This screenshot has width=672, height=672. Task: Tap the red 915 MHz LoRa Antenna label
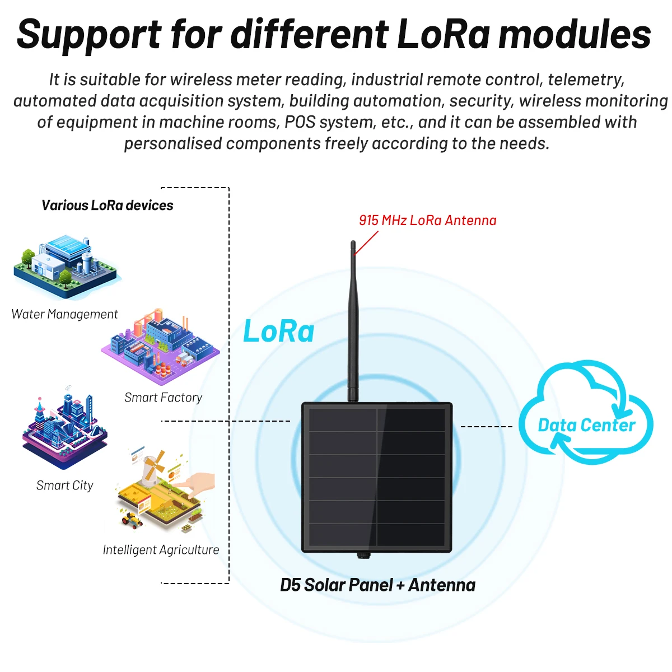pos(428,221)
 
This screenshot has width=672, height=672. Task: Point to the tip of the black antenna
pos(353,244)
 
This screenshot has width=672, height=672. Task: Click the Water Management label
pos(64,314)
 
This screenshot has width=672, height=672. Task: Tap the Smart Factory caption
pos(163,398)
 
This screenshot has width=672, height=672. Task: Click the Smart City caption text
pos(64,486)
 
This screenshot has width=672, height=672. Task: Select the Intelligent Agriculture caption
pos(161,550)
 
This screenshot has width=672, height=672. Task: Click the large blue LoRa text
pos(279,332)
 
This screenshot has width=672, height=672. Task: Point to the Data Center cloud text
pos(586,426)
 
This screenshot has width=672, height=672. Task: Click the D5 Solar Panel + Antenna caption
pos(377,585)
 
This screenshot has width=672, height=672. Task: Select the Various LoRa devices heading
pos(108,206)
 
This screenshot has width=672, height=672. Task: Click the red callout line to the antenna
pos(366,244)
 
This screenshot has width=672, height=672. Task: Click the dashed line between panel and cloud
pos(486,427)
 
